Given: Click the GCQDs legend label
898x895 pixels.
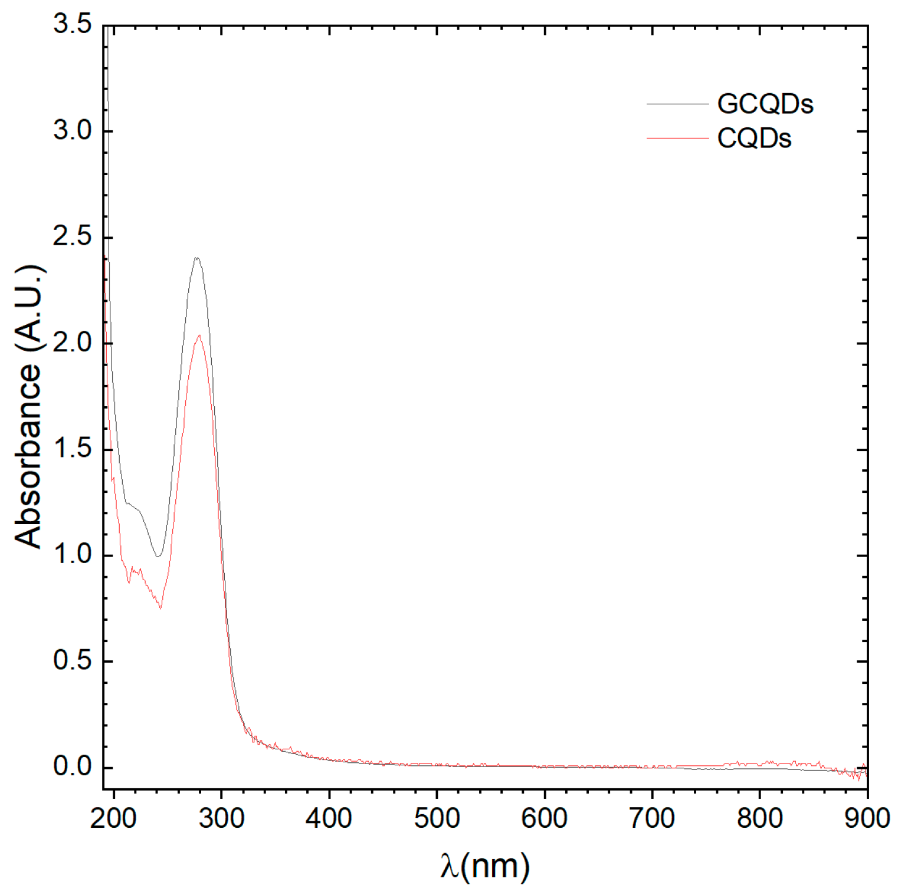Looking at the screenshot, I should tap(765, 104).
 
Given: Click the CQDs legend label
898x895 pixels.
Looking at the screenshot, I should tap(753, 139).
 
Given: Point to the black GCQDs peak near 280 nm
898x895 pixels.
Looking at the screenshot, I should tap(196, 258).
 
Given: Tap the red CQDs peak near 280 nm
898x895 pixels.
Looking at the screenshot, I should tap(199, 335).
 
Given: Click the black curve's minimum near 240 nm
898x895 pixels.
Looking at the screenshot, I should tap(158, 556).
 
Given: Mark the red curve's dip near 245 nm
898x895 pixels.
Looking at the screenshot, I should tap(160, 608).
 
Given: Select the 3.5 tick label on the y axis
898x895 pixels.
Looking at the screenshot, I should tap(73, 25).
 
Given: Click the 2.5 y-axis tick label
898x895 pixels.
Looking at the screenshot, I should tap(73, 237).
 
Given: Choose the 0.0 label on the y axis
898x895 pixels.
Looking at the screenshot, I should tap(73, 767).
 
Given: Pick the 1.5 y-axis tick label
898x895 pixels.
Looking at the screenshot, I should tap(73, 449).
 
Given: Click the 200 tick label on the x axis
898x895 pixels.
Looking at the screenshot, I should tap(113, 818).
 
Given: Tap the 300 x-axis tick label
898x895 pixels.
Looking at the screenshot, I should tap(221, 818).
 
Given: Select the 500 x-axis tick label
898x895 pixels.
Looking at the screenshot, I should tap(437, 818).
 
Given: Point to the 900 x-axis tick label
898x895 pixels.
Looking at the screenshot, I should tap(867, 818).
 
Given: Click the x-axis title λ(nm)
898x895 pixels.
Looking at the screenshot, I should tap(484, 866).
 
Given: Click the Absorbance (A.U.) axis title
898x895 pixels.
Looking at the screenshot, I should tap(28, 407).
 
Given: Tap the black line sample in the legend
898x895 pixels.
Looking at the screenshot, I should tap(677, 104).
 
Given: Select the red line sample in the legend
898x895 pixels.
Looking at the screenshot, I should tap(677, 139).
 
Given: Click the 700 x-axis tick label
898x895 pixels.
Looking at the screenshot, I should tap(652, 818).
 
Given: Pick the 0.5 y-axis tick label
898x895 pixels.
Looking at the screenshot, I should tap(73, 661).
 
